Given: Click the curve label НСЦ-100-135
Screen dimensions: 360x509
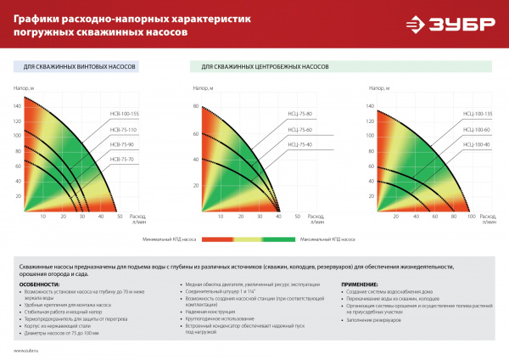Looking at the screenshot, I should pos(478,113).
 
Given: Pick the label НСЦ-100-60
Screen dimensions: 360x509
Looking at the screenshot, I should pos(478,129).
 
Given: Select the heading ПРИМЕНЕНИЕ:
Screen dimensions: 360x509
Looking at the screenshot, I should pos(366,284).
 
